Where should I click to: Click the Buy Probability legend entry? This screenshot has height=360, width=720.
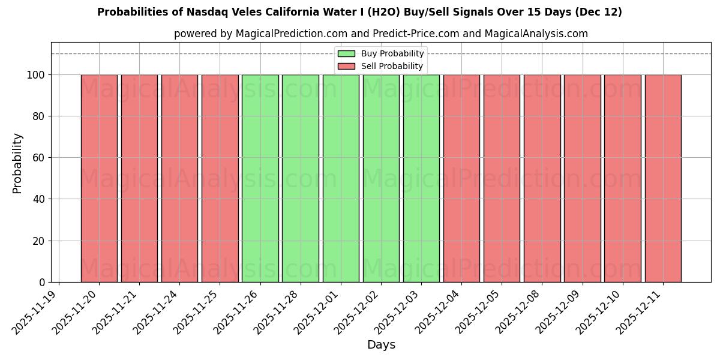click(392, 54)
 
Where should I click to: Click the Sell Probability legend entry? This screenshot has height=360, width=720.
click(392, 66)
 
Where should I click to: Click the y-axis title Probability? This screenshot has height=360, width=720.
click(17, 163)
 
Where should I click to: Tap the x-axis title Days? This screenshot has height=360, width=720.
click(381, 345)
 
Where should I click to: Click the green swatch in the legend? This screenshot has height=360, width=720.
click(346, 54)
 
